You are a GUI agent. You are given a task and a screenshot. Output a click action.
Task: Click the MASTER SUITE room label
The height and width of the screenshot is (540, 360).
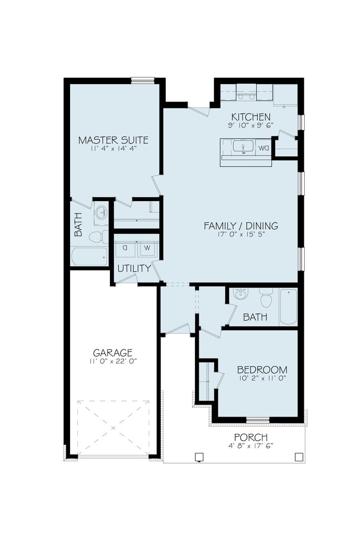pos(113,140)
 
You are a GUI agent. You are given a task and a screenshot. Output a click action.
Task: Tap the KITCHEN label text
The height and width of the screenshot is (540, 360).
pos(251,117)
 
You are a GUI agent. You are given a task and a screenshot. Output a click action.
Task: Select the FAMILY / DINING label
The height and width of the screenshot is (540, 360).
pos(241,226)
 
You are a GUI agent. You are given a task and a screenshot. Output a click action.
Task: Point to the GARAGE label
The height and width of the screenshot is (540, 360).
pos(113,353)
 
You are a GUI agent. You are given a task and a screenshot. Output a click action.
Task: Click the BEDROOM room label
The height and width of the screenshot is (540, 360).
pos(262,370)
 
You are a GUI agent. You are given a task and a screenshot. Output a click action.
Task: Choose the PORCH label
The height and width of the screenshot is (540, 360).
pos(251,437)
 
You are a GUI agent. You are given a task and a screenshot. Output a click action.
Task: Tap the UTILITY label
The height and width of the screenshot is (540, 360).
pos(134,268)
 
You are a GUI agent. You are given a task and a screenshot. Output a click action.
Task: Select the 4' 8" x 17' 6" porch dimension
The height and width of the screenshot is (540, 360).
pos(251,446)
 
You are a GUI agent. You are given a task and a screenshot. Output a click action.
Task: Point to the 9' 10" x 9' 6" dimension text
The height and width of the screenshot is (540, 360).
pos(251,125)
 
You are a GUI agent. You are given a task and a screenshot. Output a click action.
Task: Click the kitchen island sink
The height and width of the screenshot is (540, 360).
pos(243,146)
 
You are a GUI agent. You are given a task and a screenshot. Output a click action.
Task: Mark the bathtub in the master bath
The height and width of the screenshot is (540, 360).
pos(89,257)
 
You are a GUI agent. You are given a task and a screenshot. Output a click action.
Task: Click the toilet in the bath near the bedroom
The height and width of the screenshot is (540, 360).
pos(266,298)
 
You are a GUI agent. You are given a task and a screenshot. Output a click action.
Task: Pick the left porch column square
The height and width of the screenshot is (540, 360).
pos(199,457)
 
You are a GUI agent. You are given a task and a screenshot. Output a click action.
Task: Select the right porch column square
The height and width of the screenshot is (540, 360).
pos(299,457)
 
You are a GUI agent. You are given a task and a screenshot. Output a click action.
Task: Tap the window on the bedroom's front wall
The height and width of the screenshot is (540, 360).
pos(258,420)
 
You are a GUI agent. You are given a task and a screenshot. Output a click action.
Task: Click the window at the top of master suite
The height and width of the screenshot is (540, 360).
pos(143,81)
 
